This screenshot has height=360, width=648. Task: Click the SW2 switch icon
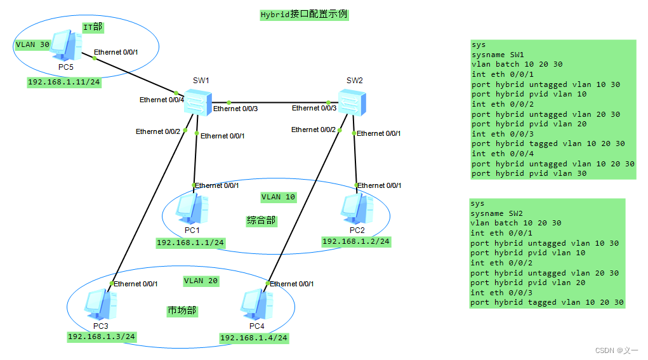(350, 102)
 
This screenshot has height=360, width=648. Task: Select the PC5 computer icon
(66, 46)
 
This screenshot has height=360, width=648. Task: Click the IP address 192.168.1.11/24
(63, 83)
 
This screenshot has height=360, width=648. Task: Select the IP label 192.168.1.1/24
(190, 243)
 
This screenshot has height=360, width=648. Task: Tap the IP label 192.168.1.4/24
(254, 338)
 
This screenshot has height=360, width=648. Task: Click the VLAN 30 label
(32, 45)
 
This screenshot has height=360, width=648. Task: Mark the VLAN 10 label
(278, 197)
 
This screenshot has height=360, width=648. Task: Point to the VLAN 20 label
(201, 281)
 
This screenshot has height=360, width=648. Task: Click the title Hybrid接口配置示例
(304, 15)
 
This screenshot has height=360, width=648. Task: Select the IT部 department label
(93, 27)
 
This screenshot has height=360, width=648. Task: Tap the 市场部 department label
(182, 310)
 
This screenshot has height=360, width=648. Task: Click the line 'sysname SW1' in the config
(498, 55)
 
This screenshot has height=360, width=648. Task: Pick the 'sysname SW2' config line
(497, 213)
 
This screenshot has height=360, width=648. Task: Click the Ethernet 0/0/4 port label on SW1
(162, 100)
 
